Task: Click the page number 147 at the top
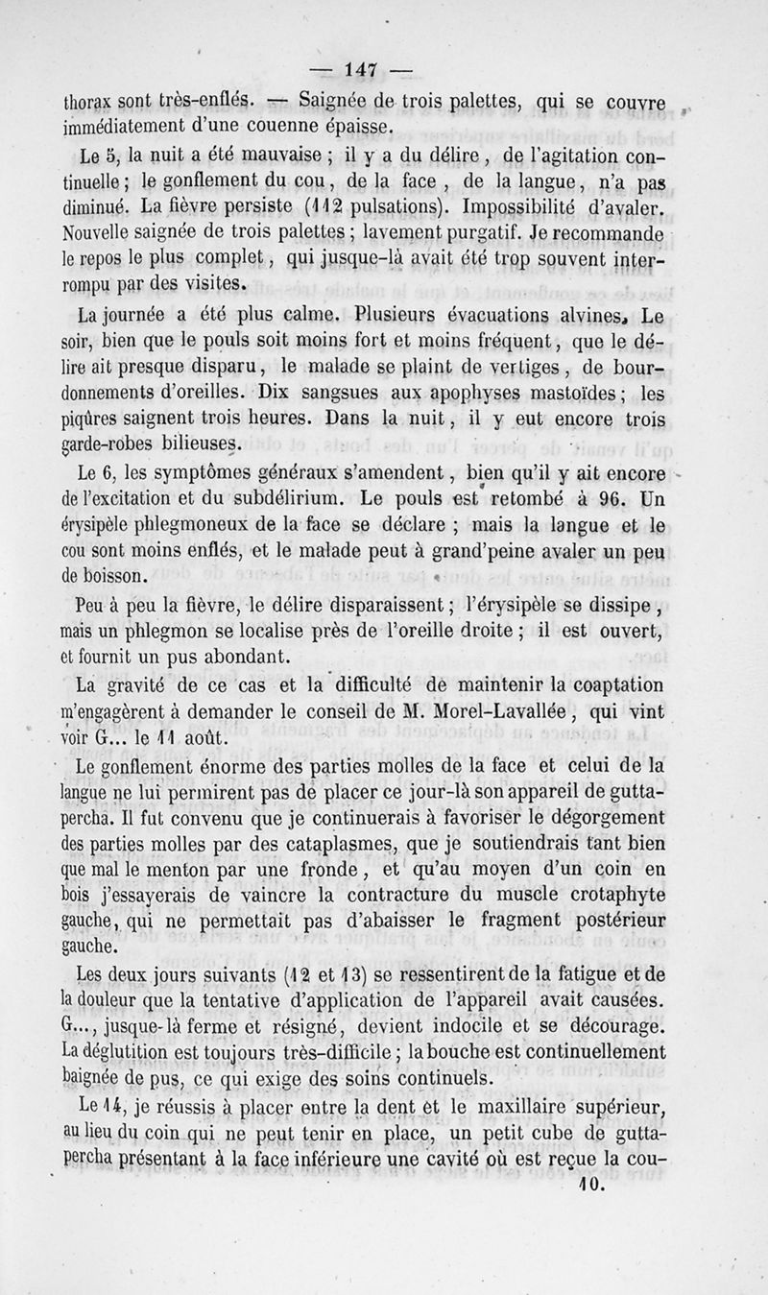(361, 69)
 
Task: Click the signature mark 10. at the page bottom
(589, 1187)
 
